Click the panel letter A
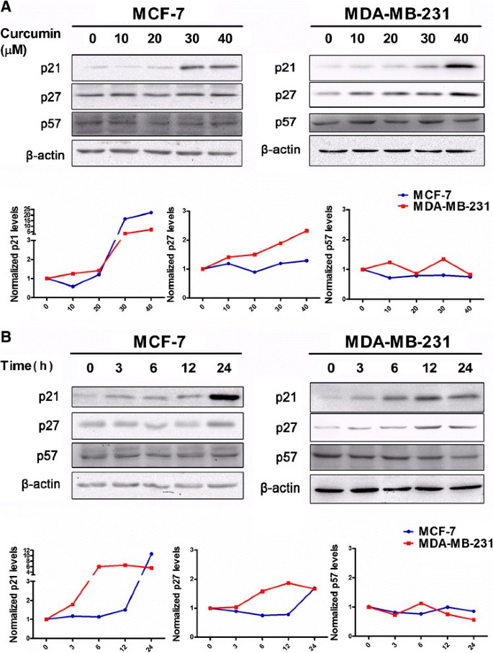(x=6, y=8)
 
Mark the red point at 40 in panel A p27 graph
(x=307, y=231)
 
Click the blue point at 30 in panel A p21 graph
(x=125, y=219)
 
